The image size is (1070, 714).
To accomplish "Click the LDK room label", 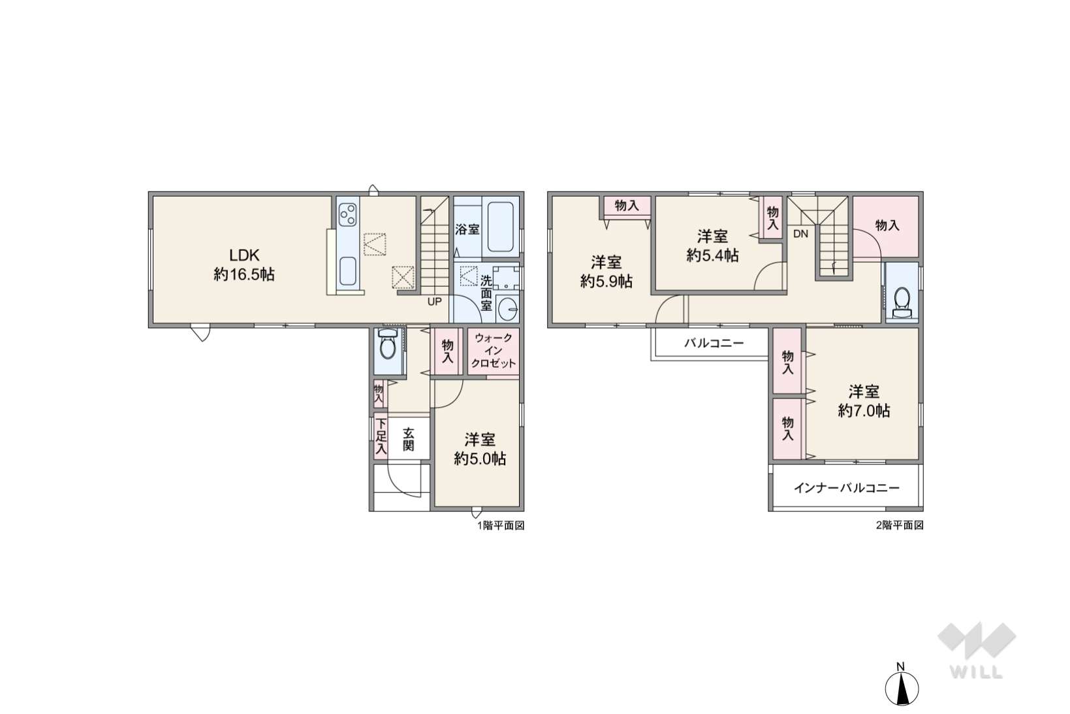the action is click(244, 255).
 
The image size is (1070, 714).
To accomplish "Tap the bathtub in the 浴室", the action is click(500, 228).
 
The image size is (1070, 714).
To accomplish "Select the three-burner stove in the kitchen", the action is click(347, 214).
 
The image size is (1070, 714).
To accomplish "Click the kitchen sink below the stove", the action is click(347, 271).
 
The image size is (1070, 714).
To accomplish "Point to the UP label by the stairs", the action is click(434, 302).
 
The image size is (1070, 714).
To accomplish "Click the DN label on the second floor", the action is click(800, 234).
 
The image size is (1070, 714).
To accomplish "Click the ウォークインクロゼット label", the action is click(494, 350).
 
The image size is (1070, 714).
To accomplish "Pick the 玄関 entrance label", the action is click(408, 439).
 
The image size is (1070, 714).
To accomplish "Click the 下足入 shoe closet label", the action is click(380, 436).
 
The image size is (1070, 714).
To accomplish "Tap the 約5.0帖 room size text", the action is click(480, 459).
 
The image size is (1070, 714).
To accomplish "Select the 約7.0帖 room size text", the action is click(864, 411).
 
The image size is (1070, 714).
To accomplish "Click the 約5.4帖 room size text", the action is click(712, 255).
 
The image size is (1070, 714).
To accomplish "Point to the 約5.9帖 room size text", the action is click(606, 282).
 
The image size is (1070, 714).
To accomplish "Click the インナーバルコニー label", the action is click(847, 488).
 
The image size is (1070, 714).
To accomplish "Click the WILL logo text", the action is click(976, 672).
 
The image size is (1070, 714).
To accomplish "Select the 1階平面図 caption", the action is click(501, 526).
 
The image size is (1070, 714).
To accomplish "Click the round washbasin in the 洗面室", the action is click(507, 309).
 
